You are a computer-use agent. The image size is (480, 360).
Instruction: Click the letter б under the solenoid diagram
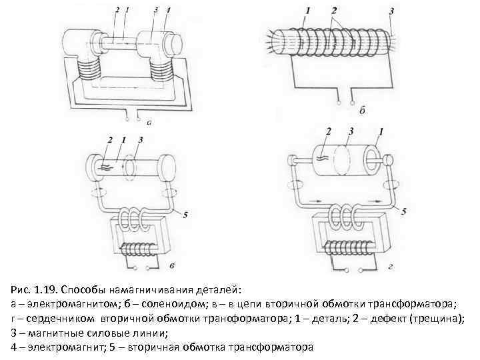[362, 110]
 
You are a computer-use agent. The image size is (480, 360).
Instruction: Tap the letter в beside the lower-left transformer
[172, 266]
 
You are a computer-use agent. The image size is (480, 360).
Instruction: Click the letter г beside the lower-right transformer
[390, 267]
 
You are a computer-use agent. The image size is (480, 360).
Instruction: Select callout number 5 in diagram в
[185, 215]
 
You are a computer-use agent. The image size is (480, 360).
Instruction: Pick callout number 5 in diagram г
[404, 211]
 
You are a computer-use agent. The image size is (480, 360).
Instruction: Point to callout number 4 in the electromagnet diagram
[168, 10]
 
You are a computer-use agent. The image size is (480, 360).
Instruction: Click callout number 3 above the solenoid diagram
[391, 11]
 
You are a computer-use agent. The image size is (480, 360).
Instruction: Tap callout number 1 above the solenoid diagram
[307, 11]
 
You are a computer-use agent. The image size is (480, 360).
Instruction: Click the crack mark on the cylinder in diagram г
[323, 159]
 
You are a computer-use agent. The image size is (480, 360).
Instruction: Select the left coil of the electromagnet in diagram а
[89, 69]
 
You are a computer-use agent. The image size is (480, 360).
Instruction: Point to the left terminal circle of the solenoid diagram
[339, 103]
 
